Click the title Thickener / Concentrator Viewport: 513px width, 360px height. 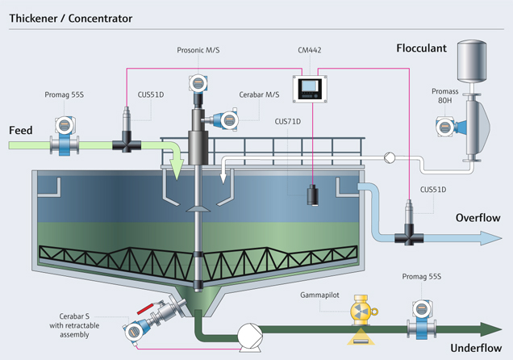click(71, 17)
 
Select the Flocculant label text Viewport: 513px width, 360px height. click(421, 48)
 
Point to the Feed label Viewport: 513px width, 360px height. click(21, 130)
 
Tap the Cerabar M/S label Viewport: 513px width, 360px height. click(260, 94)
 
